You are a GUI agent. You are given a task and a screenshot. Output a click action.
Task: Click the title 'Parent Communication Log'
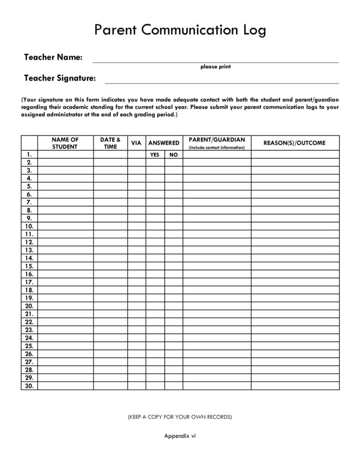(180, 30)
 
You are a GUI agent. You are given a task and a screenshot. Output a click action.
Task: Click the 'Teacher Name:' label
(53, 57)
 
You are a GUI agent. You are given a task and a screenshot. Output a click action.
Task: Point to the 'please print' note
(216, 67)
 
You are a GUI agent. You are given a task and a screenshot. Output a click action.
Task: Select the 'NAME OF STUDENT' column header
(65, 143)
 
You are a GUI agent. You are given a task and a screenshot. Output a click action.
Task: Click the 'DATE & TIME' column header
(110, 143)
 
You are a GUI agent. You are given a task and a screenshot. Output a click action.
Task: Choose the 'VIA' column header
(136, 143)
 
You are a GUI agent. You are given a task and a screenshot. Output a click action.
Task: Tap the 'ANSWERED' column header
(164, 143)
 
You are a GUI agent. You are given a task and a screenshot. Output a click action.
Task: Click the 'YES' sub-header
(155, 155)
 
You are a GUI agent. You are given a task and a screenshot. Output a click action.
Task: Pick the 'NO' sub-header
(174, 155)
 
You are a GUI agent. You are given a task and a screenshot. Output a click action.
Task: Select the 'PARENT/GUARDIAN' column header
(217, 140)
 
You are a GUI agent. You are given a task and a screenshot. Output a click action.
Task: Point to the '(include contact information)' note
(217, 148)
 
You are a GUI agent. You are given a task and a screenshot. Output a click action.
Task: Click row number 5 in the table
(29, 186)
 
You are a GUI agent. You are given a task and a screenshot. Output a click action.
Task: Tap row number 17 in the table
(29, 282)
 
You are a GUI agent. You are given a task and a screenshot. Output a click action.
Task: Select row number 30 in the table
(29, 386)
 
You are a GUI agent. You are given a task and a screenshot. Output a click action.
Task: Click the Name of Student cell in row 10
(65, 226)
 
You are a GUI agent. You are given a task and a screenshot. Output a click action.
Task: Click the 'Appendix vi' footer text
(180, 436)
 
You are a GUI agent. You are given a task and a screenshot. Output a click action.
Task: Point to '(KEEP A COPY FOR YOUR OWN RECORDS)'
(180, 417)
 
